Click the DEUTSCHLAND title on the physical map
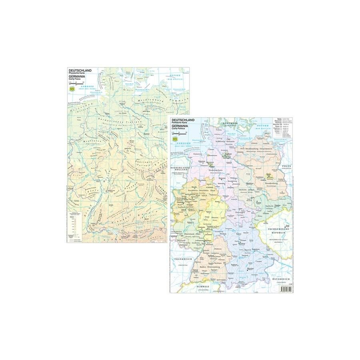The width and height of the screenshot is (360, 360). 80,70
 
